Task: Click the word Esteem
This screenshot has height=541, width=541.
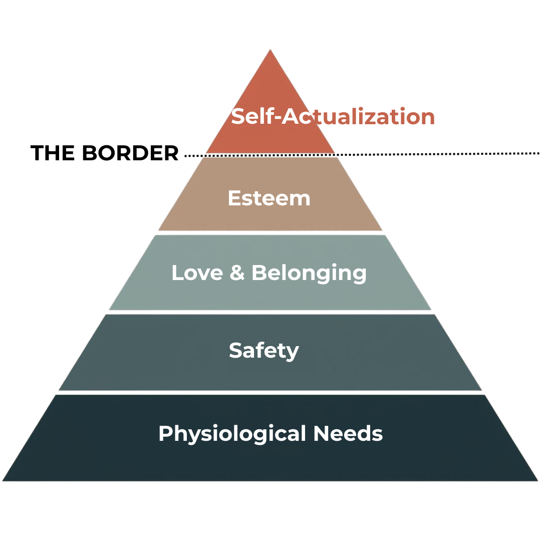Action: (x=269, y=198)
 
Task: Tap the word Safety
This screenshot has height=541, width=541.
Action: (x=264, y=351)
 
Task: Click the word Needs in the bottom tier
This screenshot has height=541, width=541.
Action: (x=348, y=433)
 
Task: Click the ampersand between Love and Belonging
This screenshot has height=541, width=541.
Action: (x=236, y=273)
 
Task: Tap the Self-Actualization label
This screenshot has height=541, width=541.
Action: (x=333, y=117)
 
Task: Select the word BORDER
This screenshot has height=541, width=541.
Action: (x=130, y=153)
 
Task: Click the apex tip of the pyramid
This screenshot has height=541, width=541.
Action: (x=270, y=50)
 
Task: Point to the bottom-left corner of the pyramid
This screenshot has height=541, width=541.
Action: (x=4, y=480)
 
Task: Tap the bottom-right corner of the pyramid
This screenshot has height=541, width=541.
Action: (x=537, y=480)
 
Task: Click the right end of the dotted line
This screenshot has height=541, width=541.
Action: (x=538, y=153)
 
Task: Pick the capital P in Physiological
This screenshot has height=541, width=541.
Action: (x=165, y=433)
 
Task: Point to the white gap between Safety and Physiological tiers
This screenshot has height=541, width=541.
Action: (x=270, y=393)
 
